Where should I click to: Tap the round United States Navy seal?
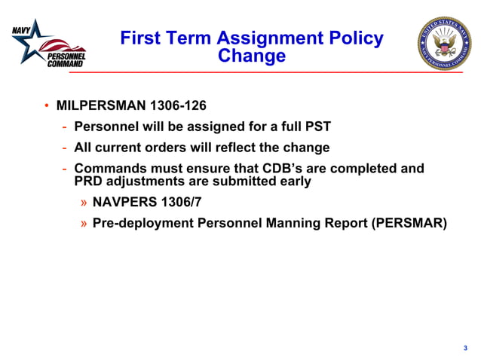tap(444, 44)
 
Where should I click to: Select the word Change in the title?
tap(252, 56)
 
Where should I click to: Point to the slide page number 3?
tap(465, 347)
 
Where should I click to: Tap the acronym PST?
tap(317, 127)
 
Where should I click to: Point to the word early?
tap(293, 182)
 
